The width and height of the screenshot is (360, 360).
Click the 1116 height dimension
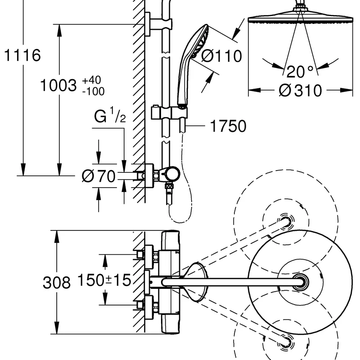tap(22, 55)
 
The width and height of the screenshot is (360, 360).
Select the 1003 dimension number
tap(58, 85)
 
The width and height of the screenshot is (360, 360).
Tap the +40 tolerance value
tap(92, 80)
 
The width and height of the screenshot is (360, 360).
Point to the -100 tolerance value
tap(94, 91)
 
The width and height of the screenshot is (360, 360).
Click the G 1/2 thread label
tap(110, 115)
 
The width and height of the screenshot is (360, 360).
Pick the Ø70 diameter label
tap(99, 176)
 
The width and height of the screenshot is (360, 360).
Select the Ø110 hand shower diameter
tap(221, 56)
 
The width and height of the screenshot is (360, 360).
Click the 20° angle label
tap(300, 72)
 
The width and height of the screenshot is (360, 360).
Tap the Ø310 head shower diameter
tap(300, 90)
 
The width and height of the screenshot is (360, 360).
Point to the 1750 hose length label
tap(228, 126)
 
